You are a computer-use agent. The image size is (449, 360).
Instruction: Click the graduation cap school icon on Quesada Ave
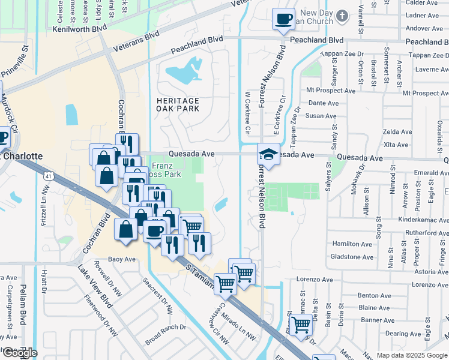pos(269,154)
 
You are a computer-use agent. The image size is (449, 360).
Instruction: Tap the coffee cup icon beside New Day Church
pos(283,18)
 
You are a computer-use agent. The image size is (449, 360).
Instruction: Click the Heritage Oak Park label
pos(177,105)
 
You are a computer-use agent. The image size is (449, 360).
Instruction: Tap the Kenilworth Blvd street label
pos(79,28)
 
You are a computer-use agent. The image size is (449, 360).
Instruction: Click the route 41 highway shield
pos(47,176)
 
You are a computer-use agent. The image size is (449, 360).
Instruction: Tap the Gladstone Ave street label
pos(352,257)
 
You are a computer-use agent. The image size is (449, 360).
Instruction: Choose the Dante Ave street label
pos(322,103)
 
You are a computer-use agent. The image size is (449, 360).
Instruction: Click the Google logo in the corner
pos(19,353)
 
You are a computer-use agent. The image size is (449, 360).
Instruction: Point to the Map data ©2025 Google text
pos(412,355)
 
